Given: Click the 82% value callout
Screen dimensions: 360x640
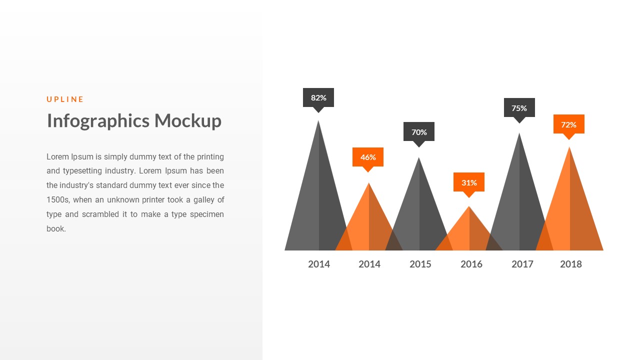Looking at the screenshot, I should click(x=318, y=97).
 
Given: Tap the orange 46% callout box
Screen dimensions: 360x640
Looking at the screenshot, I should click(x=368, y=157).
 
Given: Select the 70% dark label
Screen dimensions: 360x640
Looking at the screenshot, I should click(x=419, y=132).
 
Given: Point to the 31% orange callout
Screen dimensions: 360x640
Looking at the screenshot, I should click(x=469, y=182).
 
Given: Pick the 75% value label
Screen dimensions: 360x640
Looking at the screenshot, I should click(x=519, y=108).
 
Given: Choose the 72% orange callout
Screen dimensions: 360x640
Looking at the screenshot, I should click(x=568, y=124).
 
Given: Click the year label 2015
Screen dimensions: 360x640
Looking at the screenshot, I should click(x=420, y=264).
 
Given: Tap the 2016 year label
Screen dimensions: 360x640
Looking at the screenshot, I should click(x=471, y=264).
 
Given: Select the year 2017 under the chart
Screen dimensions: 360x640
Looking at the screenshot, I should click(x=522, y=264).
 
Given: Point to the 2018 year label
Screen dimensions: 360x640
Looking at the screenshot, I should click(x=570, y=264).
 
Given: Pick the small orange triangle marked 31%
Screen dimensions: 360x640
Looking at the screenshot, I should click(x=469, y=232).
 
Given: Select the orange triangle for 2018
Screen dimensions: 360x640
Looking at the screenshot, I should click(x=569, y=210).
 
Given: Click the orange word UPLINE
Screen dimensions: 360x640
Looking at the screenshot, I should click(x=65, y=99).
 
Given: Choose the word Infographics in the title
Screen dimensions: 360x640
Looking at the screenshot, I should click(x=98, y=121).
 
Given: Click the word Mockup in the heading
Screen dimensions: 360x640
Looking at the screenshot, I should click(x=187, y=121).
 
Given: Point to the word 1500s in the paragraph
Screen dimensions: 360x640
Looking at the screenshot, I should click(x=58, y=200).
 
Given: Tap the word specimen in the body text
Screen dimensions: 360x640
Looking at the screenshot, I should click(x=205, y=214).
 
